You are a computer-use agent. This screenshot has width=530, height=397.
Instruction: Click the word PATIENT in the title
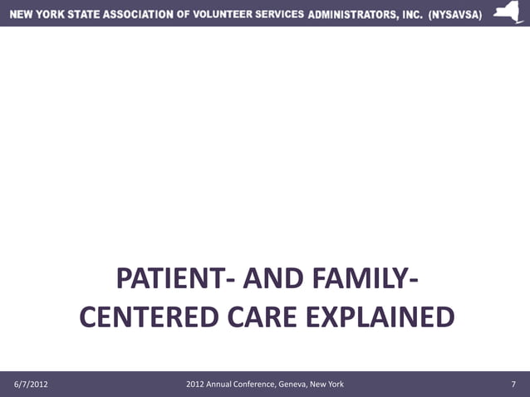click(165, 279)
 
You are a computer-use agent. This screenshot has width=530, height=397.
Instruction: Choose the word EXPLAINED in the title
click(381, 318)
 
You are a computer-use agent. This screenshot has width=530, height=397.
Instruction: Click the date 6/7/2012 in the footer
click(31, 384)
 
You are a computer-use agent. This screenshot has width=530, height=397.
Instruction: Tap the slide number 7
click(514, 384)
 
